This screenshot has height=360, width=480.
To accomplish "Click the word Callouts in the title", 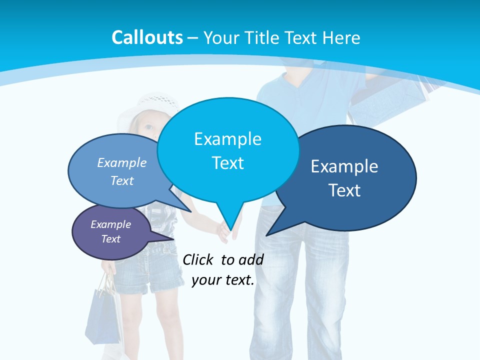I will [147, 37].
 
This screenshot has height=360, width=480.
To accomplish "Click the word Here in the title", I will [341, 37].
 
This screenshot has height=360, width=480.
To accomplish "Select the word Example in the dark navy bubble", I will [344, 166].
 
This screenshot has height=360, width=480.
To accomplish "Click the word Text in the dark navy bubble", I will [344, 190].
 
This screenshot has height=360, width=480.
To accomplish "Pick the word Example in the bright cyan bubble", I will [227, 139].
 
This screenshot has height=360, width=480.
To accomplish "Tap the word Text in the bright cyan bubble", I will [227, 163].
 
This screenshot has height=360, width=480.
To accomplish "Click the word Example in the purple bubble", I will [110, 224].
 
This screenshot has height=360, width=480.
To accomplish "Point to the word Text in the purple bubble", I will [110, 239].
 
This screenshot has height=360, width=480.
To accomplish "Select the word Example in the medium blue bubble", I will [122, 162].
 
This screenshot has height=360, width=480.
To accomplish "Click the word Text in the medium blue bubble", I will [122, 180].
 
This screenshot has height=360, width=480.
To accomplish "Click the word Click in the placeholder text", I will [199, 259].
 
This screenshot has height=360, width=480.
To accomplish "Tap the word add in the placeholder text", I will [251, 259].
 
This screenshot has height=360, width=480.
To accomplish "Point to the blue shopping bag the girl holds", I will [102, 315].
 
